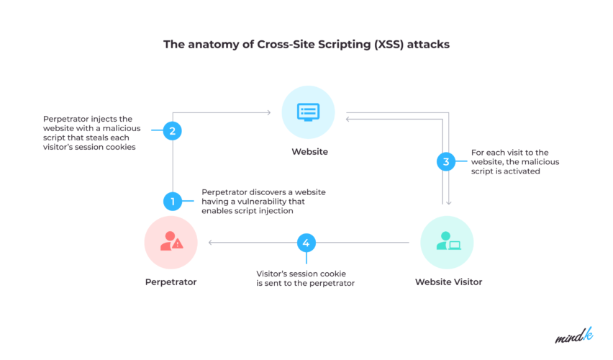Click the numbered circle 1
pyautogui.click(x=173, y=202)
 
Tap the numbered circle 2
pyautogui.click(x=173, y=131)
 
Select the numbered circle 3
pyautogui.click(x=446, y=162)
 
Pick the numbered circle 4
pyautogui.click(x=306, y=243)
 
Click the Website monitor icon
pyautogui.click(x=309, y=112)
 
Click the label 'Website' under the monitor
pyautogui.click(x=309, y=152)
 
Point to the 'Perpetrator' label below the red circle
pyautogui.click(x=171, y=282)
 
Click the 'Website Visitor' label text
pyautogui.click(x=448, y=282)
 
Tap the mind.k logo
pyautogui.click(x=573, y=336)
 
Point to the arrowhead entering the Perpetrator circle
pyautogui.click(x=211, y=243)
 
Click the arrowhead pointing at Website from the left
pyautogui.click(x=268, y=112)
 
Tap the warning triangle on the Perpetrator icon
pyautogui.click(x=178, y=244)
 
